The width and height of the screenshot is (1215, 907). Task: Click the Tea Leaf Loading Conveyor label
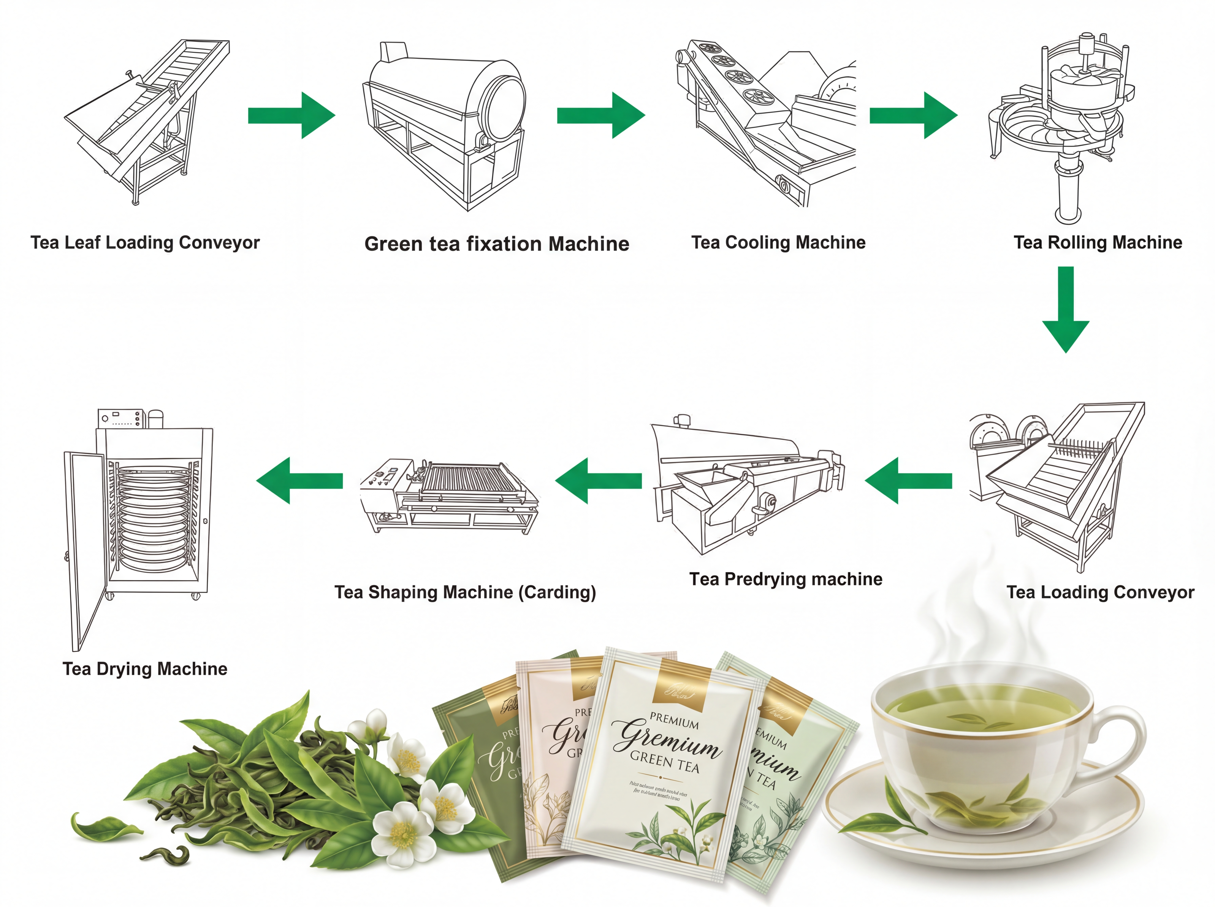(145, 242)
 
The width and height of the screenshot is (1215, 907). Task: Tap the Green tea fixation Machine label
(496, 244)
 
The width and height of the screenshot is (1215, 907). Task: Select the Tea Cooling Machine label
(778, 242)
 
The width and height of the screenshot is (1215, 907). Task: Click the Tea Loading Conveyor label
(1100, 592)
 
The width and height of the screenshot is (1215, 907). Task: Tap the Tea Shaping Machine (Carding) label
(465, 592)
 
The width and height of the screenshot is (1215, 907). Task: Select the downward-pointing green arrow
(1065, 310)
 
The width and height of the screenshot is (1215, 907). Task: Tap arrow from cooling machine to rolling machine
(913, 115)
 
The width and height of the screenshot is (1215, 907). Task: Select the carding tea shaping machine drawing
(450, 494)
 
